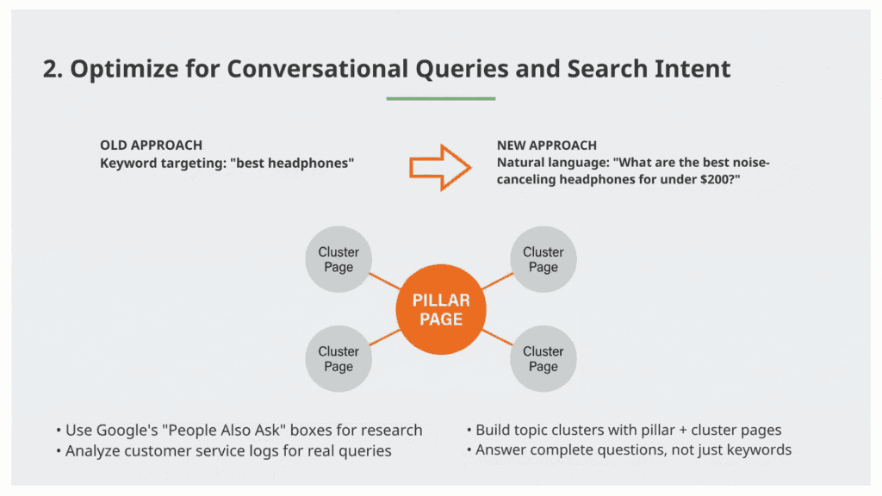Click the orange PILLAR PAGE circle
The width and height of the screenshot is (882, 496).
coord(441,310)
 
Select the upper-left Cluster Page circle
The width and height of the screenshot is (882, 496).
coord(339,259)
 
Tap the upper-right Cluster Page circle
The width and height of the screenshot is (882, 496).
coord(543,259)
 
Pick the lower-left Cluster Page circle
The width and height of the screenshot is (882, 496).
coord(339,358)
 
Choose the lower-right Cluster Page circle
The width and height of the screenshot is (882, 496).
coord(543,358)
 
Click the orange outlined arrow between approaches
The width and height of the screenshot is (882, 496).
coord(439,166)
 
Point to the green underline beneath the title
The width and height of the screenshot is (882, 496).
coord(440,99)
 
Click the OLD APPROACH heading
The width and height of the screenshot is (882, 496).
coord(152,146)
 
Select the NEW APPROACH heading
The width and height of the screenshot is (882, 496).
coord(546,146)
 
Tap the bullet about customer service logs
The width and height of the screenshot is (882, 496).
coord(228,450)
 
